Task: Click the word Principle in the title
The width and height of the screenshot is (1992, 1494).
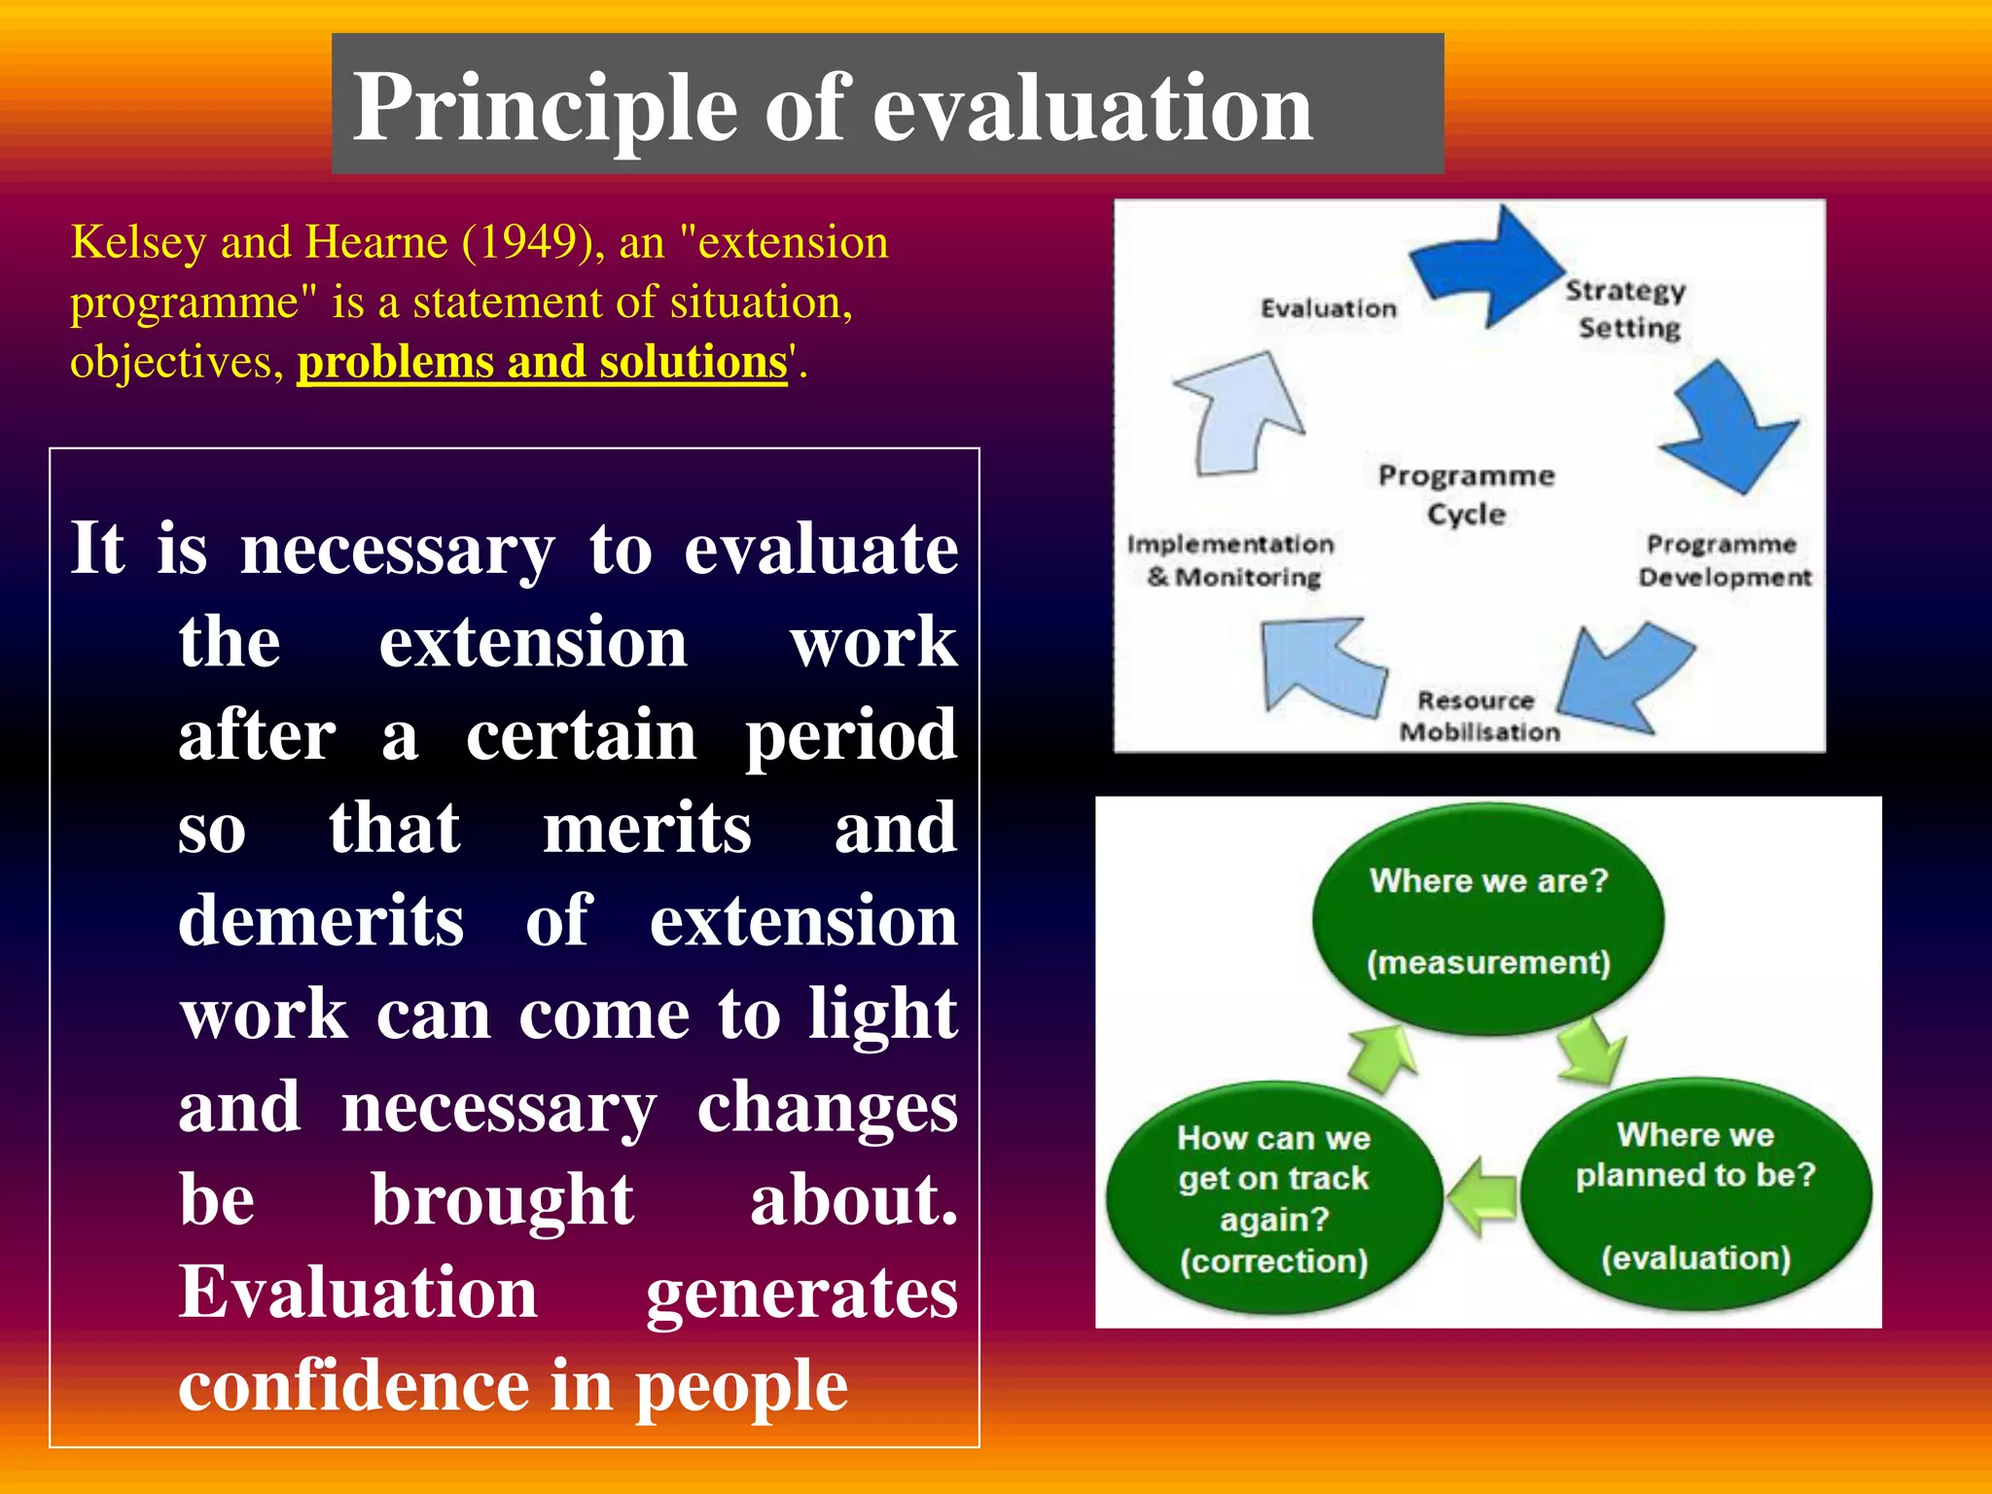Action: (545, 109)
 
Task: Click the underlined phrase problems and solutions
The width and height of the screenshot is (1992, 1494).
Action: (542, 362)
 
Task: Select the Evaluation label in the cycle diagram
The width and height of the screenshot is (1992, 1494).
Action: (1328, 308)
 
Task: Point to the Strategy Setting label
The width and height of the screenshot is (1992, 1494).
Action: (1626, 308)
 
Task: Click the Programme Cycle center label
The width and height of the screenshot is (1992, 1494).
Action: (1466, 494)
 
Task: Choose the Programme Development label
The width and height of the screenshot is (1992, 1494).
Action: (1724, 560)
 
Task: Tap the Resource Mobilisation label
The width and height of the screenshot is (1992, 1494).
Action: (1478, 716)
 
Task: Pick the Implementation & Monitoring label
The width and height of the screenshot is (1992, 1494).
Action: (1231, 560)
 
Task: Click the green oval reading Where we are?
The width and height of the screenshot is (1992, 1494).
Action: (1488, 919)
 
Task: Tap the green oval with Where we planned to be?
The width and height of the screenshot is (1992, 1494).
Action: (1695, 1194)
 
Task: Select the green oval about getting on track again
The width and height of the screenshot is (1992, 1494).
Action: (1273, 1198)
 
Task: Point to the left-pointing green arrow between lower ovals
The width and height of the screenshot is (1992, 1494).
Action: (1481, 1196)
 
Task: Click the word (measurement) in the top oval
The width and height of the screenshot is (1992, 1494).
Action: (1488, 963)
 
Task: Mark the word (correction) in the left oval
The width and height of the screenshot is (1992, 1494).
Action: (1273, 1262)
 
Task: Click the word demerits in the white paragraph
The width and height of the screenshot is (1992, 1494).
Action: (321, 921)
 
